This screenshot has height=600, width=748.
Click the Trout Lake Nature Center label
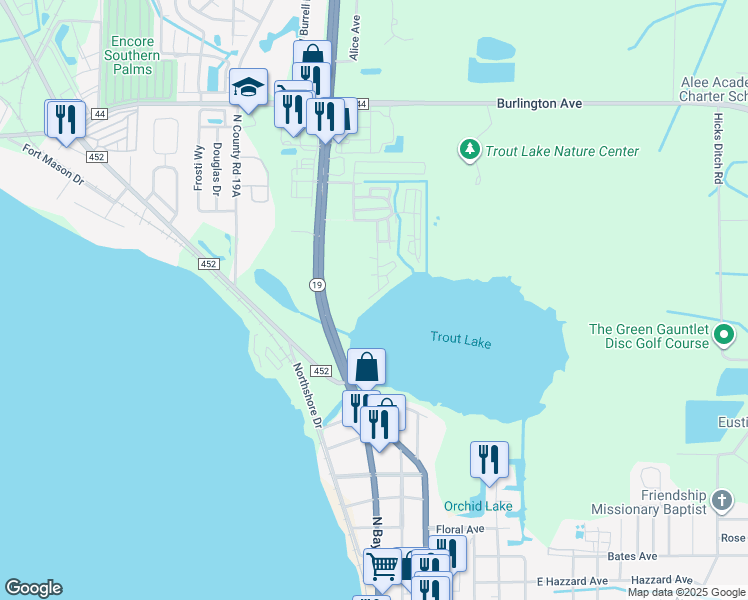tap(561, 152)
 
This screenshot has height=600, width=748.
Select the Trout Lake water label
tap(461, 340)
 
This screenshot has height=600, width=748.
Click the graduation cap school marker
tap(247, 88)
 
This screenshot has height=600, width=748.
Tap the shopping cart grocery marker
tap(382, 566)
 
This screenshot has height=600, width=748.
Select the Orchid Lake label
tap(478, 506)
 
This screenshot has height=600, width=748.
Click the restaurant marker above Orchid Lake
tap(489, 460)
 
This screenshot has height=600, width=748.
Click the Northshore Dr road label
tap(304, 393)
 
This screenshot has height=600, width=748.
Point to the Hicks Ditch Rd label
tap(718, 148)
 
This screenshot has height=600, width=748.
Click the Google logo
tap(33, 588)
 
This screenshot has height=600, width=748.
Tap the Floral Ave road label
tap(460, 529)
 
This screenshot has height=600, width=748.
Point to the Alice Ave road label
tap(355, 41)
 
